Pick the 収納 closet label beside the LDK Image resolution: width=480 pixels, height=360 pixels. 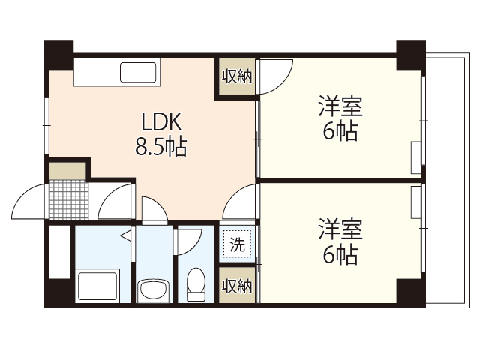237,76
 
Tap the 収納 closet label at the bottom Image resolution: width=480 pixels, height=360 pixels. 237,286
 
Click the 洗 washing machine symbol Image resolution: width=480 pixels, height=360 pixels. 237,244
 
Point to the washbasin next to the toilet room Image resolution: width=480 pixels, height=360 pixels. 154,289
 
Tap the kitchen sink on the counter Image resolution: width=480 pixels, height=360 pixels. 141,73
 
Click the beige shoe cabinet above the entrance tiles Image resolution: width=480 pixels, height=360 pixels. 68,169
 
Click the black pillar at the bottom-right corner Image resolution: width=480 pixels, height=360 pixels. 411,292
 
